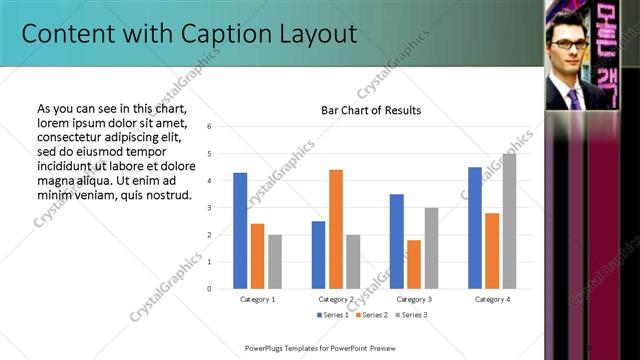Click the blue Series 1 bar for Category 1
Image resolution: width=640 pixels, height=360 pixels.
(240, 230)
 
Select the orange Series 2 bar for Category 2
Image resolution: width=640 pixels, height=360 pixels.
(335, 229)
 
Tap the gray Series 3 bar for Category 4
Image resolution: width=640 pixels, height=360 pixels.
(509, 221)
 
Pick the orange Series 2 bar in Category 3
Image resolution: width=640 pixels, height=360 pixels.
(413, 264)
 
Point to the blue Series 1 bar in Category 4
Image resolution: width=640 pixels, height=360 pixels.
(474, 227)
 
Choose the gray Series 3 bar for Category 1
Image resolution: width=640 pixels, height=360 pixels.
(274, 261)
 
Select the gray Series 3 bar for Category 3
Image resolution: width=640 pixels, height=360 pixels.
(431, 248)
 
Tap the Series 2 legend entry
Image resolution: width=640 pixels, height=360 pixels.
(371, 315)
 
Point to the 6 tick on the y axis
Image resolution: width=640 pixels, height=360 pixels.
(209, 127)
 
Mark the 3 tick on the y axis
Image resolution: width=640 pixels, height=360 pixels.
(209, 208)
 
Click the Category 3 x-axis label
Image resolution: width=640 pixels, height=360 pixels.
(413, 299)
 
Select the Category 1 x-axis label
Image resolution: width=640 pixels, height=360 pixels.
(257, 299)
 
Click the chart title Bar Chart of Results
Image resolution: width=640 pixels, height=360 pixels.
(370, 110)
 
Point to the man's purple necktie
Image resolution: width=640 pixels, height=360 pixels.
(573, 98)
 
